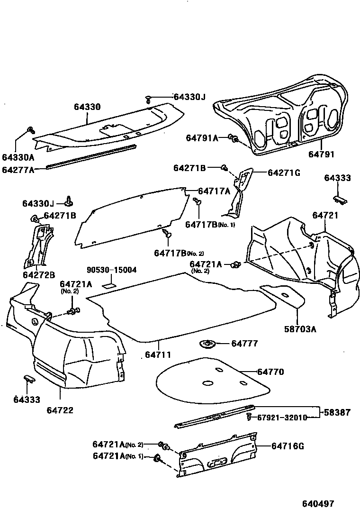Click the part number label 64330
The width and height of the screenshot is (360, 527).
(x=87, y=107)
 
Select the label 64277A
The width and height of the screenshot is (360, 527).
(x=18, y=170)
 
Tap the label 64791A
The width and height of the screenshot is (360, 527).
(x=202, y=138)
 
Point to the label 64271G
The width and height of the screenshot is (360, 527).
(x=284, y=173)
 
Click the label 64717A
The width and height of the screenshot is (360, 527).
(x=214, y=191)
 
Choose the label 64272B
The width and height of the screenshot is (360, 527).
(x=39, y=274)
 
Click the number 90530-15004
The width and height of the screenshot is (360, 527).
(x=112, y=270)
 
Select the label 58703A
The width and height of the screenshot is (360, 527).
(x=300, y=328)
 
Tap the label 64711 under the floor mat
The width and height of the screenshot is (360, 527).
(x=158, y=354)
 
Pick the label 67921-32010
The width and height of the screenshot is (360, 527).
(x=282, y=417)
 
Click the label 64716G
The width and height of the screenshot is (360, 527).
(x=288, y=445)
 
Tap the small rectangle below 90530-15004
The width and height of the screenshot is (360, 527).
(x=109, y=286)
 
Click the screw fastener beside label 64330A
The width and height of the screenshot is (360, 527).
(x=31, y=130)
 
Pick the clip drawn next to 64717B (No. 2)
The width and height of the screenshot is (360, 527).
(x=167, y=234)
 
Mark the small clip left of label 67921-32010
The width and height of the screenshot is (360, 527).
(x=249, y=417)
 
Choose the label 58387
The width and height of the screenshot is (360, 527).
(x=338, y=412)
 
